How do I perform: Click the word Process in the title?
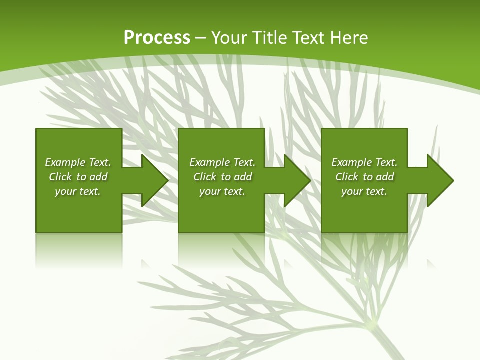[x=157, y=38]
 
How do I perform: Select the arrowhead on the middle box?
[x=296, y=180]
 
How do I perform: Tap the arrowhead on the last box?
[x=439, y=180]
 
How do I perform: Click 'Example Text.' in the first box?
[x=78, y=162]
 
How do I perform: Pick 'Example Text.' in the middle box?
[x=222, y=162]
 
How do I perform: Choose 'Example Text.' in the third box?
[x=364, y=162]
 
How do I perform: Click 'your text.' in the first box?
[x=78, y=191]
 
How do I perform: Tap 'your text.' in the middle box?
[x=222, y=191]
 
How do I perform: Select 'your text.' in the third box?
[x=364, y=191]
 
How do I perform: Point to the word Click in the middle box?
[x=205, y=177]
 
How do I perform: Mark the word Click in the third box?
[x=347, y=177]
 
